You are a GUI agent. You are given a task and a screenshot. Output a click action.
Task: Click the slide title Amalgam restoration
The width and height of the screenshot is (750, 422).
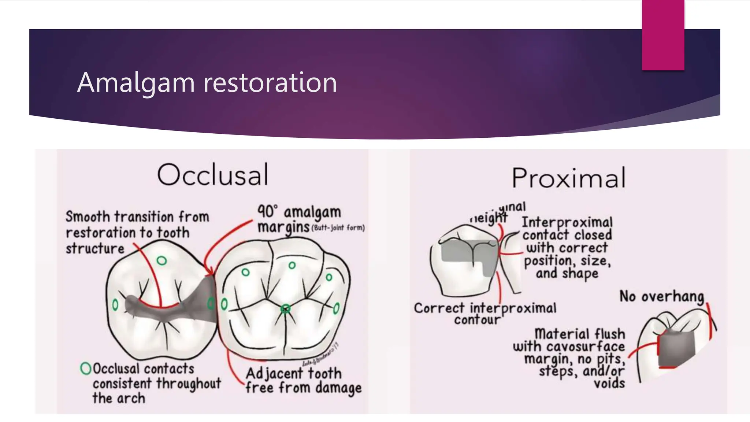207,82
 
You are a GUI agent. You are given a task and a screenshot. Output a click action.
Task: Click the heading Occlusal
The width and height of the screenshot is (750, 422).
213,175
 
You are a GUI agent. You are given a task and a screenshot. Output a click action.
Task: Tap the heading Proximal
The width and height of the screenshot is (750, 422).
568,178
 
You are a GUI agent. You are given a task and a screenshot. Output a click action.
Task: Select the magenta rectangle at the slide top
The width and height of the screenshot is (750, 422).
663,35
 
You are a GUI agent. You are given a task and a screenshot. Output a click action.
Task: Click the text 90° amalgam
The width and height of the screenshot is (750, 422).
299,212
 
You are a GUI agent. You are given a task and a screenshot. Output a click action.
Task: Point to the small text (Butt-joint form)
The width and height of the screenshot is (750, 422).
338,228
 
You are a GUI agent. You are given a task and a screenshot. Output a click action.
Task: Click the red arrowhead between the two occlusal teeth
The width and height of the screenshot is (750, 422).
210,271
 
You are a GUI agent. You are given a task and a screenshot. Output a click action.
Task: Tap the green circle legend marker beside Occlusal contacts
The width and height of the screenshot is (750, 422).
85,368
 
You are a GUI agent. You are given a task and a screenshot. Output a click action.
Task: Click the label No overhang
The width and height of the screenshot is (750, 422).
661,296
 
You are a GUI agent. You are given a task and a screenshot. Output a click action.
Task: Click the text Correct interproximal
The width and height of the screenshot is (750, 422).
485,308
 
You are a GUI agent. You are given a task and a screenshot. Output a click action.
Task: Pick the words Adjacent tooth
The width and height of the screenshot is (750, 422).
293,374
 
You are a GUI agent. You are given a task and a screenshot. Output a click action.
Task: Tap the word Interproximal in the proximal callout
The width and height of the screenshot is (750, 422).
567,222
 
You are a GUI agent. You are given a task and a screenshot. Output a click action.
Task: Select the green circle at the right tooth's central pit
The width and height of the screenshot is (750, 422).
285,309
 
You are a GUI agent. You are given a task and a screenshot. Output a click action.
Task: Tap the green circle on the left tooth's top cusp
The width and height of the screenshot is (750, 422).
161,260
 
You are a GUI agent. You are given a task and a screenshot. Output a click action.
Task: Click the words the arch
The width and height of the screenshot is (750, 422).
119,398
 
